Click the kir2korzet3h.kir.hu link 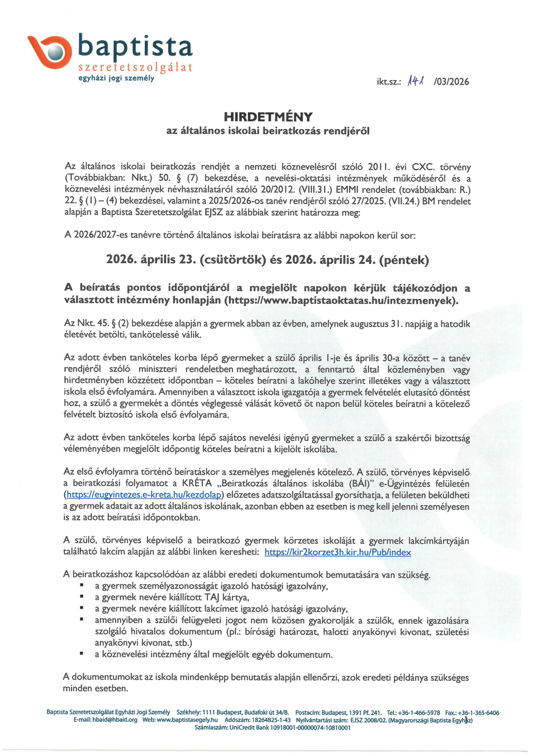click(337, 552)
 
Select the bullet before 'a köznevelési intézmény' click(82, 654)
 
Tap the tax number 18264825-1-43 click(271, 720)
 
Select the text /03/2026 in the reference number click(451, 82)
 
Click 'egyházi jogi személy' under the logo click(116, 78)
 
